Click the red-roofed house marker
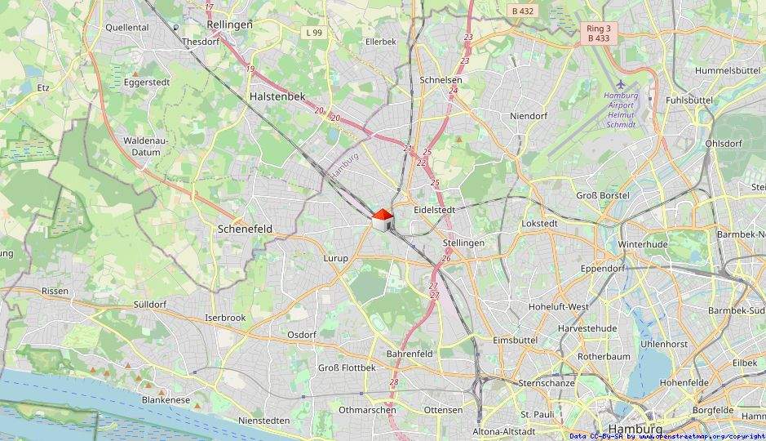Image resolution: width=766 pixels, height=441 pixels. [382, 219]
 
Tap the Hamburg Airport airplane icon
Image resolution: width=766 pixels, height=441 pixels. [622, 83]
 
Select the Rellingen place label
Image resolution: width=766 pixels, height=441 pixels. [228, 24]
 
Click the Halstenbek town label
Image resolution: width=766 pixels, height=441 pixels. [276, 96]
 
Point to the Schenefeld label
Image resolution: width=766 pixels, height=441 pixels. [245, 229]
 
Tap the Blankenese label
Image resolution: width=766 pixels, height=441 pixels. [166, 400]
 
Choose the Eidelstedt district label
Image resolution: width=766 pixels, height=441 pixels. [434, 210]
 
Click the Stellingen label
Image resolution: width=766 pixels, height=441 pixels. [463, 243]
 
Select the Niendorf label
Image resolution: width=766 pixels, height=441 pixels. [528, 116]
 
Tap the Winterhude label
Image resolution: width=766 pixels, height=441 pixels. [643, 244]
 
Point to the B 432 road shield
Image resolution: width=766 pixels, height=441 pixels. [522, 11]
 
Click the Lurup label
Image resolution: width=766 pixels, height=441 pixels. [335, 258]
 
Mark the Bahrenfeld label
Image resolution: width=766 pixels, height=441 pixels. [410, 354]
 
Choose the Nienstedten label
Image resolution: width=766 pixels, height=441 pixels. [263, 421]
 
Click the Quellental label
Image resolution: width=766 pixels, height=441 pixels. [126, 27]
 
